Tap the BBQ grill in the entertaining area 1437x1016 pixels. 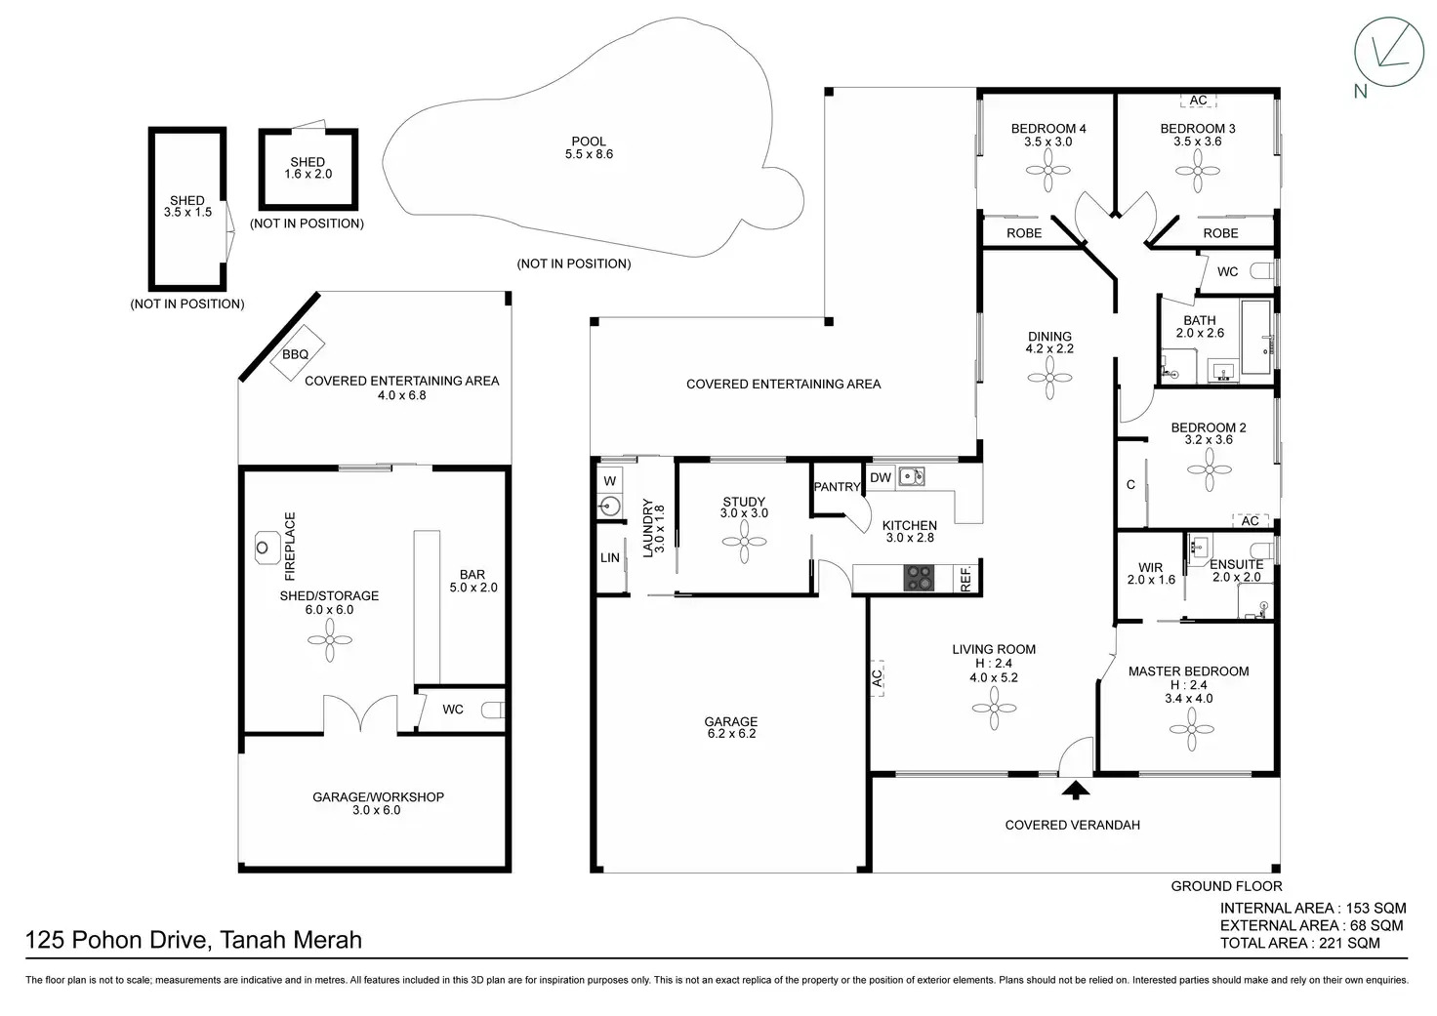[x=297, y=353]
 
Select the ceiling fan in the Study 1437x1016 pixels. [x=744, y=542]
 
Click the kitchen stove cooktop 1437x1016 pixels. [x=919, y=577]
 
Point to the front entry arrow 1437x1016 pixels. [x=1076, y=790]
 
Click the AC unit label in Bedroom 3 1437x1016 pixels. [x=1198, y=101]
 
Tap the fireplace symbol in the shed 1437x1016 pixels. [x=263, y=548]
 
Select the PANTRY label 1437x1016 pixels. [x=838, y=487]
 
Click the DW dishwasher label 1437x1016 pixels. [x=881, y=478]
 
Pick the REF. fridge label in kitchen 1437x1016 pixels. [x=966, y=578]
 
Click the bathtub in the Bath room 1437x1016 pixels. [x=1256, y=337]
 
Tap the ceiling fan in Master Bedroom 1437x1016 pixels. [x=1192, y=729]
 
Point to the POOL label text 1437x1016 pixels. [x=589, y=142]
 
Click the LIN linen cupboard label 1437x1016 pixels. [x=610, y=558]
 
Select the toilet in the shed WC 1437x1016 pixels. [x=493, y=711]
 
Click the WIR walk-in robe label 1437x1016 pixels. [x=1151, y=568]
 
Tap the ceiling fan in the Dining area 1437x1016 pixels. [x=1049, y=379]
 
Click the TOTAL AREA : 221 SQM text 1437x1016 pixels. [x=1299, y=943]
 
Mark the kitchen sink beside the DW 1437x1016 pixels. [x=911, y=476]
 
